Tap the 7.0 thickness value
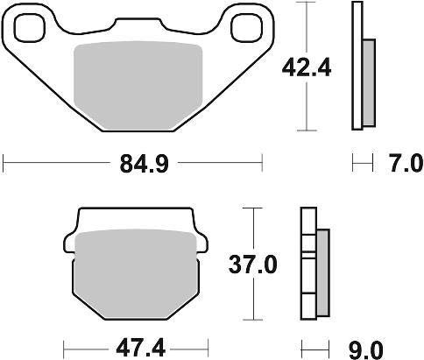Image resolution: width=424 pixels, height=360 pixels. pos(399,162)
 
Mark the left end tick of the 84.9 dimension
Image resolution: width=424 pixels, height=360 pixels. pos(5,162)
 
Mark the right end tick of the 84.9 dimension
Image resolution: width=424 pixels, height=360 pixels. pos(261,162)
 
